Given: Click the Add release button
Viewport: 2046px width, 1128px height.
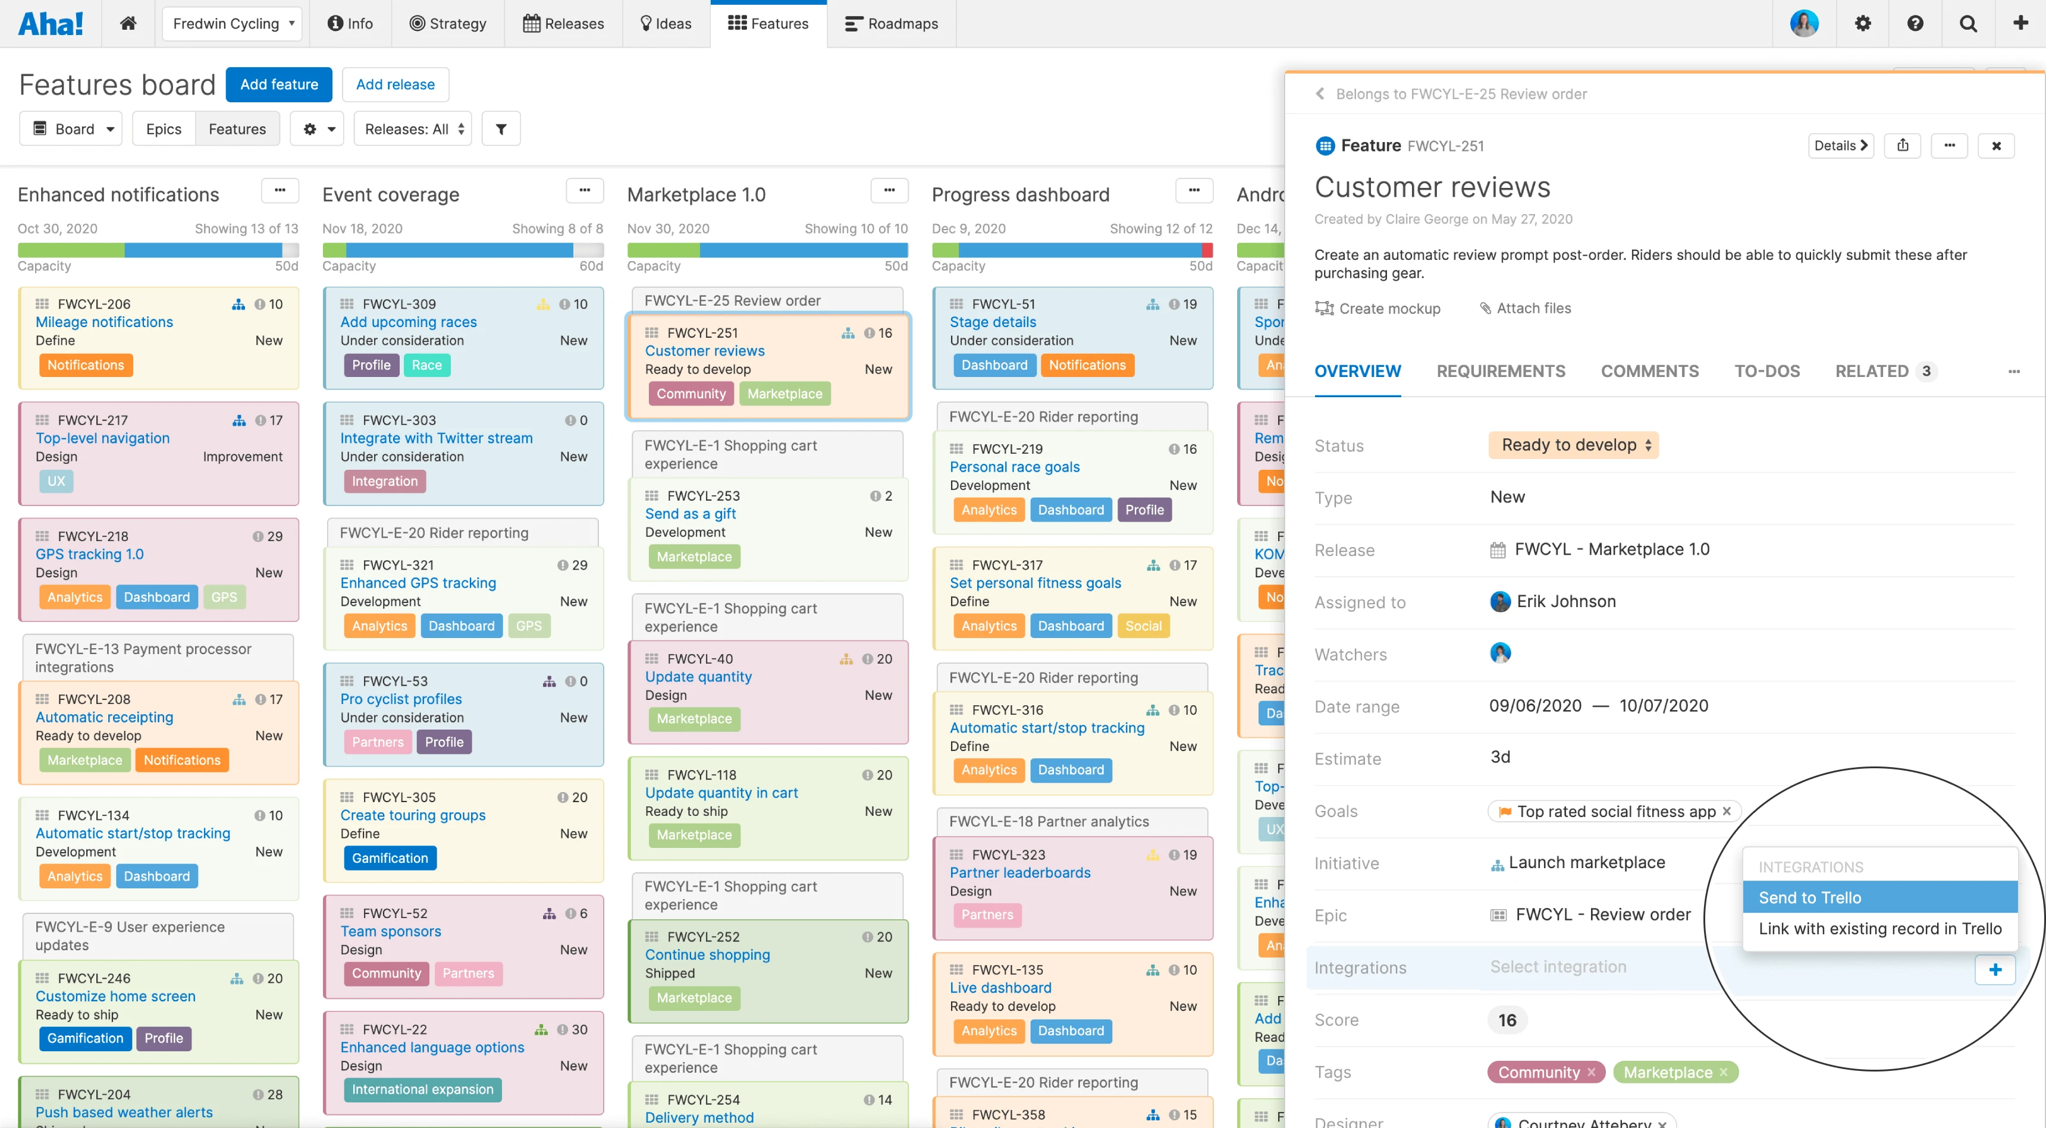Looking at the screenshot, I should pyautogui.click(x=395, y=84).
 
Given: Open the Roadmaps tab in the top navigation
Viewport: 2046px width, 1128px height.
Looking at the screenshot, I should pyautogui.click(x=891, y=24).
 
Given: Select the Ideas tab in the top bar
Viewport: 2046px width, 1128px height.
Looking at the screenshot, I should pyautogui.click(x=666, y=24).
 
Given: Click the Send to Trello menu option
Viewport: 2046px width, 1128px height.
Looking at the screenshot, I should pyautogui.click(x=1879, y=897).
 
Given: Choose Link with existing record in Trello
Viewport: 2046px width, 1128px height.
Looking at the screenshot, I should pyautogui.click(x=1879, y=928).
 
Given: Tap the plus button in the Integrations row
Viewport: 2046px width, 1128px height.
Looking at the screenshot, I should pyautogui.click(x=1994, y=969).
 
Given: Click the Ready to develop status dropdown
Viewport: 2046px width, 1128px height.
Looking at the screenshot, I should pyautogui.click(x=1573, y=445).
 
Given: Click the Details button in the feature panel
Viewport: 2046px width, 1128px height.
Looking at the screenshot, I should pyautogui.click(x=1840, y=145).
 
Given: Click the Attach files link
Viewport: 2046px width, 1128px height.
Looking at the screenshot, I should pyautogui.click(x=1525, y=308).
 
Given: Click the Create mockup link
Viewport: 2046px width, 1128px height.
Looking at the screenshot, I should pyautogui.click(x=1377, y=308).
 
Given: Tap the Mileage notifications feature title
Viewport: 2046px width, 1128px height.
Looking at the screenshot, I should pyautogui.click(x=104, y=322).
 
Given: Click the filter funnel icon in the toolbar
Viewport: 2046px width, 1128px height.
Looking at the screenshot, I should pyautogui.click(x=500, y=128).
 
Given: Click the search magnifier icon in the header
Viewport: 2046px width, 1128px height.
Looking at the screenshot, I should pyautogui.click(x=1967, y=24).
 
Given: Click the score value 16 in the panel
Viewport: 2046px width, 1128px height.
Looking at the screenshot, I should pyautogui.click(x=1507, y=1020).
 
